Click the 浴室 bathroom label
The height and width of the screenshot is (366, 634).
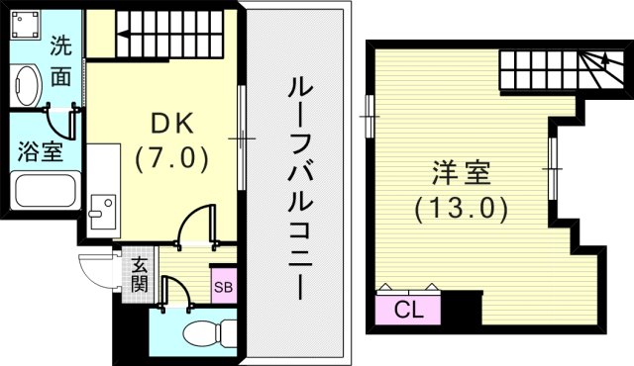(x=41, y=152)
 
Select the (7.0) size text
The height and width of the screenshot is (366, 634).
(x=173, y=155)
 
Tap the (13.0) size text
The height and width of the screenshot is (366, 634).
(x=460, y=209)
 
